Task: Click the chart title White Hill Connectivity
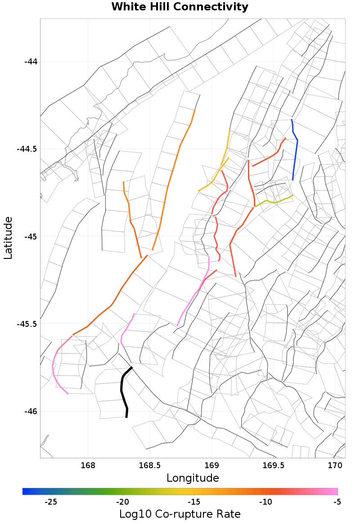(180, 7)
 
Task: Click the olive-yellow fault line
(274, 202)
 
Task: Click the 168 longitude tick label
(88, 465)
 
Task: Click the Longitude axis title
(193, 478)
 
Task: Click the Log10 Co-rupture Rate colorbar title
(180, 514)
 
